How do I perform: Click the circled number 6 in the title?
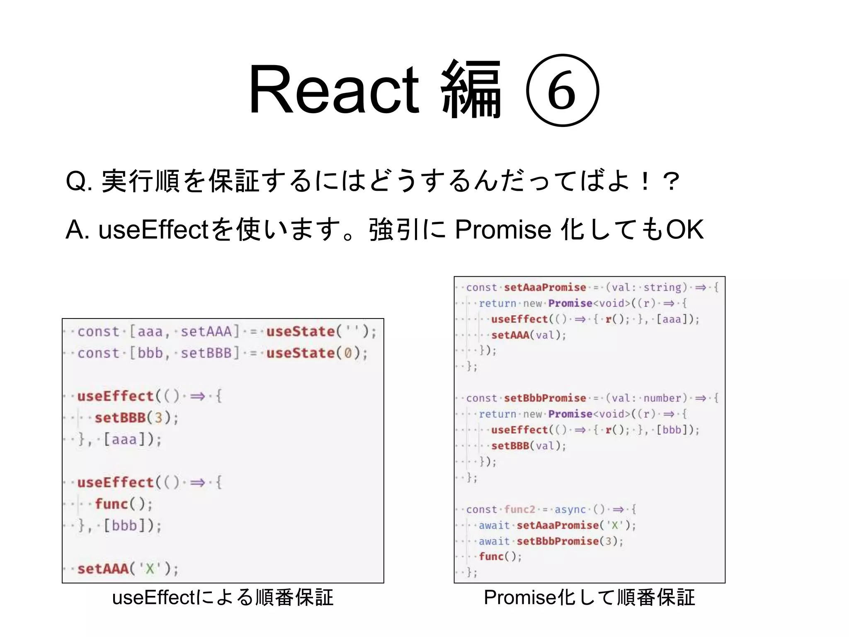click(x=562, y=90)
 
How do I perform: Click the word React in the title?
click(x=334, y=89)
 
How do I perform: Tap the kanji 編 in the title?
click(x=471, y=89)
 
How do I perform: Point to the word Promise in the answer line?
click(x=503, y=229)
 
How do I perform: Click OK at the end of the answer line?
click(x=684, y=229)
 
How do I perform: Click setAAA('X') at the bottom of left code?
click(x=128, y=569)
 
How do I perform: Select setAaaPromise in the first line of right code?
click(x=545, y=287)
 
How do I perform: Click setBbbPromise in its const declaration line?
click(x=545, y=398)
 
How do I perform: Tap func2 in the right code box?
click(x=519, y=509)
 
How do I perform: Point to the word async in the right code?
click(x=570, y=509)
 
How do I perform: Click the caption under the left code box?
click(x=223, y=598)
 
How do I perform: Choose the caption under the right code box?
click(x=589, y=598)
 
